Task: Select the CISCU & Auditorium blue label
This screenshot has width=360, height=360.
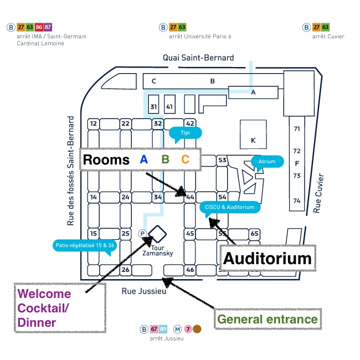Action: (229, 207)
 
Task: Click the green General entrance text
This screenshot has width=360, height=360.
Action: (268, 319)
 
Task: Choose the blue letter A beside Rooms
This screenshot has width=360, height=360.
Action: (144, 160)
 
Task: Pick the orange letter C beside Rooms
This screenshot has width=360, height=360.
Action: (185, 160)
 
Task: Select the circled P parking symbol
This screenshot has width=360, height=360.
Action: (143, 234)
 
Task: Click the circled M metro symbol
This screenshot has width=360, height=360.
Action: (177, 330)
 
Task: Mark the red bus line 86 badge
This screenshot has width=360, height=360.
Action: (39, 27)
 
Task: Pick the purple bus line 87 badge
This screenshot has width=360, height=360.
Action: (48, 27)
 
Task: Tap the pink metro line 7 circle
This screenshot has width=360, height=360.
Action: (188, 330)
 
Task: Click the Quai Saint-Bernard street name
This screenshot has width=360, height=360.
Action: (198, 58)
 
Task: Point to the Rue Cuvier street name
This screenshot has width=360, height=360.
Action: (318, 194)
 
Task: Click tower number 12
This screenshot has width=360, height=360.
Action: (94, 124)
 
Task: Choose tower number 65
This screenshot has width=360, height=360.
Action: (254, 234)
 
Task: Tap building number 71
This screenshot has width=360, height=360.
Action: (296, 128)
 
